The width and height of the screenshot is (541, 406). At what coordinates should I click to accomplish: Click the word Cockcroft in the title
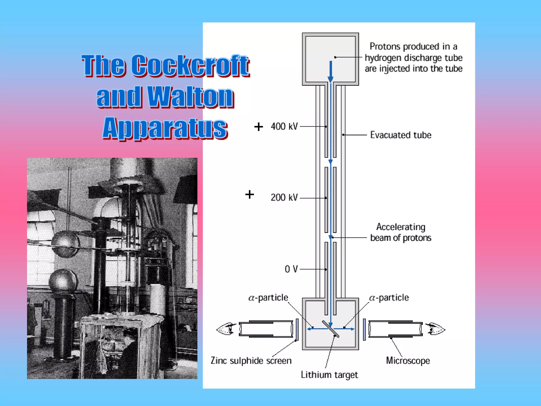pyautogui.click(x=190, y=65)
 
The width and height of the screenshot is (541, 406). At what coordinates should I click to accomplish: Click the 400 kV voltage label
pyautogui.click(x=284, y=126)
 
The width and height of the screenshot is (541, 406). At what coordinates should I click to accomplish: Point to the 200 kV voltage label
pyautogui.click(x=284, y=197)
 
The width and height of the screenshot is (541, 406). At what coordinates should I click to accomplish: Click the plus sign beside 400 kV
pyautogui.click(x=259, y=127)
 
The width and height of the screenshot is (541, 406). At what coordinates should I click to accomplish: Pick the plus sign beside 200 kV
pyautogui.click(x=250, y=195)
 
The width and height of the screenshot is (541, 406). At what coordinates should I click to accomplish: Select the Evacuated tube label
pyautogui.click(x=400, y=135)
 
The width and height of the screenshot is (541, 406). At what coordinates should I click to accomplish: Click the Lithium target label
pyautogui.click(x=329, y=375)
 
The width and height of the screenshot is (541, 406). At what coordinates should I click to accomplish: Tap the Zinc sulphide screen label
pyautogui.click(x=251, y=361)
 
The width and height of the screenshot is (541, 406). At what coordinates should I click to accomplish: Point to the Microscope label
pyautogui.click(x=408, y=361)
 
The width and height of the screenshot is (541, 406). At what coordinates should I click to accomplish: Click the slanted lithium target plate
pyautogui.click(x=330, y=329)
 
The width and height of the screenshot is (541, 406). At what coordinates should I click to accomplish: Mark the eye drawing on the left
pyautogui.click(x=226, y=329)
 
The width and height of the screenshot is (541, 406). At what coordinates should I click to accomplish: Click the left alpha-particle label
pyautogui.click(x=268, y=298)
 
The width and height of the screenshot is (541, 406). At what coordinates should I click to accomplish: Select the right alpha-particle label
pyautogui.click(x=389, y=298)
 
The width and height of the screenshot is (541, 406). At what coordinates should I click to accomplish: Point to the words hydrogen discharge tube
pyautogui.click(x=413, y=58)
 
